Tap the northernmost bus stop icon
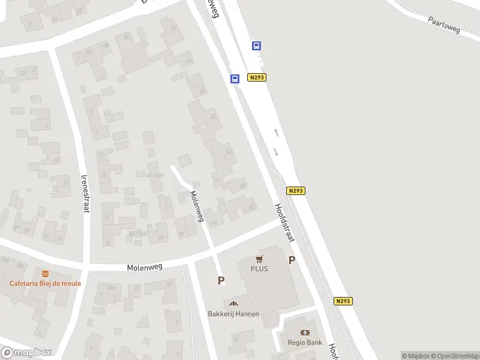point(256,46)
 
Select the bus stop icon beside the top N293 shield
point(235,79)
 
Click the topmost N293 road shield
point(256,77)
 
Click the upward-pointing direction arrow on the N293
point(276,132)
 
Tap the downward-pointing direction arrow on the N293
point(276,151)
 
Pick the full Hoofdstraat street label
point(284,223)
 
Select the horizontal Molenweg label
point(145,266)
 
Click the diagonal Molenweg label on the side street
point(197,206)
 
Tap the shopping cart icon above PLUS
point(259,259)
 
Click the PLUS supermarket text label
point(259,269)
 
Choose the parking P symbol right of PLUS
point(292,260)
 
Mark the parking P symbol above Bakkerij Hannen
point(221,280)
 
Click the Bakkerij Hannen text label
point(233,313)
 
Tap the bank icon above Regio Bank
point(305,332)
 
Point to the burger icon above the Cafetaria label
point(44,274)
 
